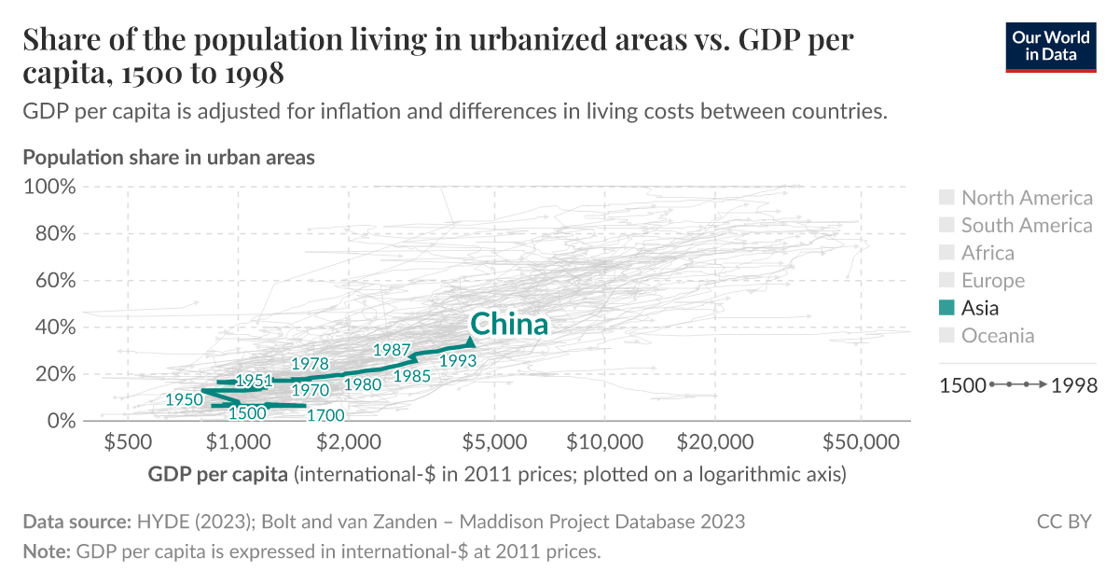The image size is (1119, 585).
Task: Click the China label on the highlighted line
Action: [x=508, y=324]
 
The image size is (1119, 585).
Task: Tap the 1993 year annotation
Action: [x=458, y=360]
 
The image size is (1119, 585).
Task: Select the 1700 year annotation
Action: [x=325, y=415]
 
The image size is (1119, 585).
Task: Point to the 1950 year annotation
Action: [x=184, y=398]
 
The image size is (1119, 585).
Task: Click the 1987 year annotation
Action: [x=392, y=350]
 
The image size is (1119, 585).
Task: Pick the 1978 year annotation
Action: [x=310, y=363]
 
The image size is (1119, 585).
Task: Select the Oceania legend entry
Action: [x=997, y=336]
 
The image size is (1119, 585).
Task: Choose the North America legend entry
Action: [x=1026, y=197]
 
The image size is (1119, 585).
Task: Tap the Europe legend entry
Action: [x=992, y=280]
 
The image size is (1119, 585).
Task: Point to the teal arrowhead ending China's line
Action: [x=469, y=341]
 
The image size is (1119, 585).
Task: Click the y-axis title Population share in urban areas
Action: [x=169, y=157]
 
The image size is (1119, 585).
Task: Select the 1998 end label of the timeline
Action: [x=1074, y=385]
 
